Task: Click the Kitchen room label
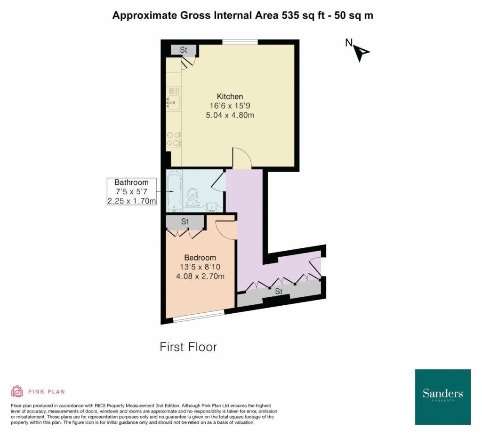tap(230, 96)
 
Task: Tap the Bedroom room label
tap(200, 257)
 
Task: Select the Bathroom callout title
tap(132, 182)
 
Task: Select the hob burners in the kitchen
tap(173, 139)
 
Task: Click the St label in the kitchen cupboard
tap(184, 50)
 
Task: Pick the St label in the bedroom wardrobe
tap(185, 221)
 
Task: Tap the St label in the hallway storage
tap(279, 291)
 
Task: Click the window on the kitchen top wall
tap(240, 42)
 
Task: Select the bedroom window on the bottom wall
tap(199, 317)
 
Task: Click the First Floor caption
tap(188, 347)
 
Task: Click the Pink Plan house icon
tap(17, 391)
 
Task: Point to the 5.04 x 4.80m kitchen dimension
tap(230, 115)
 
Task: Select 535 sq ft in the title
tap(303, 15)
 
